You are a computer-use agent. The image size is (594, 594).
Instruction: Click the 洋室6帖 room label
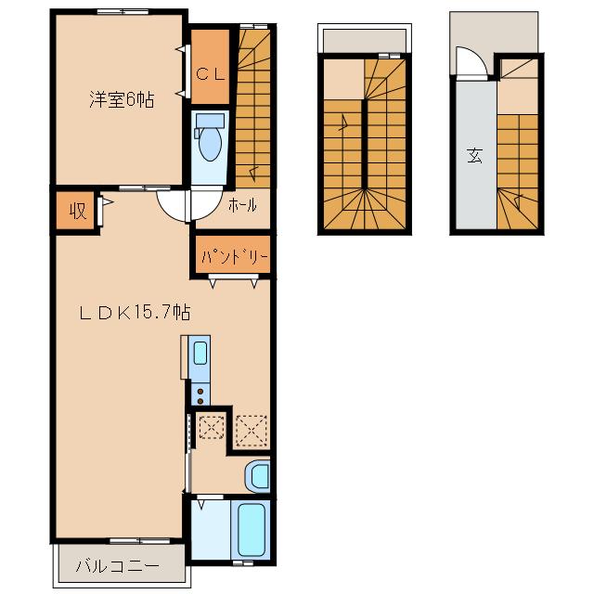[x=122, y=99]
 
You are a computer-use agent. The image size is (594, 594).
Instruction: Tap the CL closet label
[x=211, y=74]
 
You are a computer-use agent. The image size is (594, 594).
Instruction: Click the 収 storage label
[x=78, y=211]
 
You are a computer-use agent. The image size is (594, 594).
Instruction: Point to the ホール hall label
[x=242, y=205]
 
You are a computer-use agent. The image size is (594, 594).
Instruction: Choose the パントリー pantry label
[x=235, y=257]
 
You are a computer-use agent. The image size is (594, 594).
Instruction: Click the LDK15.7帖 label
[x=135, y=313]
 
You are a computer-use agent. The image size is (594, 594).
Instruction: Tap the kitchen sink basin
[x=200, y=353]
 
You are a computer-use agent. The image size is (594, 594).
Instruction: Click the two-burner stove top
[x=200, y=395]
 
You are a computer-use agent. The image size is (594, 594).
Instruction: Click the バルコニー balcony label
[x=118, y=567]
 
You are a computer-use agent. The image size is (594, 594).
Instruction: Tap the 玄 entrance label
[x=474, y=155]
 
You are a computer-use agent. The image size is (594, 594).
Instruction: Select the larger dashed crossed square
[x=252, y=431]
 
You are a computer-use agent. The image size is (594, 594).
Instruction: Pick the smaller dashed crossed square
[x=212, y=427]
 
